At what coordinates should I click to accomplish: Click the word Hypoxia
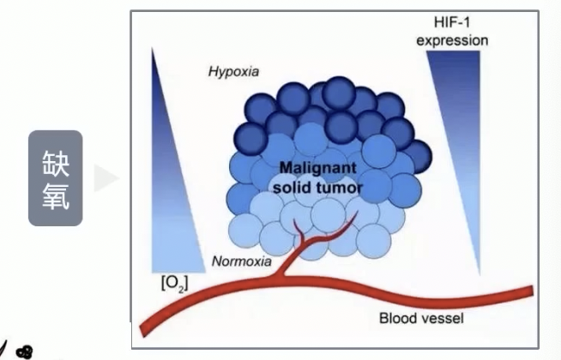pos(234,70)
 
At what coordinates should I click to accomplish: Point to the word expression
pos(458,40)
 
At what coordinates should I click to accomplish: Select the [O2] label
pos(175,282)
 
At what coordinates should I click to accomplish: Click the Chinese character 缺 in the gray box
pos(55,164)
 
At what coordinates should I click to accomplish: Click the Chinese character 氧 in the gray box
pos(55,197)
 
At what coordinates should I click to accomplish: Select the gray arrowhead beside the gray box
pos(106,178)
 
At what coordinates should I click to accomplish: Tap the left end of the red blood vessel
pos(142,330)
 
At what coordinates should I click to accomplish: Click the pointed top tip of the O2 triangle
pos(153,50)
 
